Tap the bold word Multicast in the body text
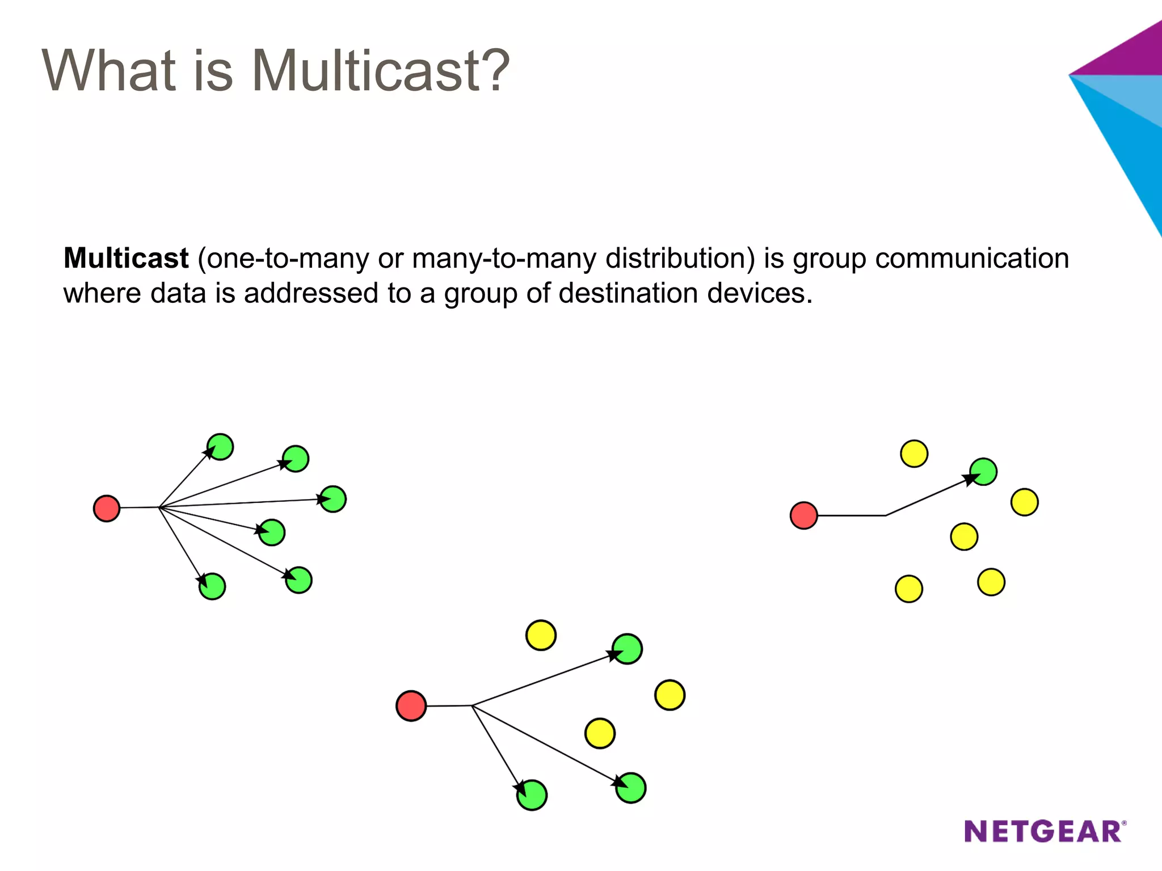click(126, 259)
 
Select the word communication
click(971, 259)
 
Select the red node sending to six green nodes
click(107, 508)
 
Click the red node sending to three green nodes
click(411, 706)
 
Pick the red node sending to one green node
click(803, 515)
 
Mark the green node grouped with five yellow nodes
click(983, 472)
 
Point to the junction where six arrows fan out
click(159, 508)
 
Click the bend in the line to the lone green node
click(886, 515)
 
